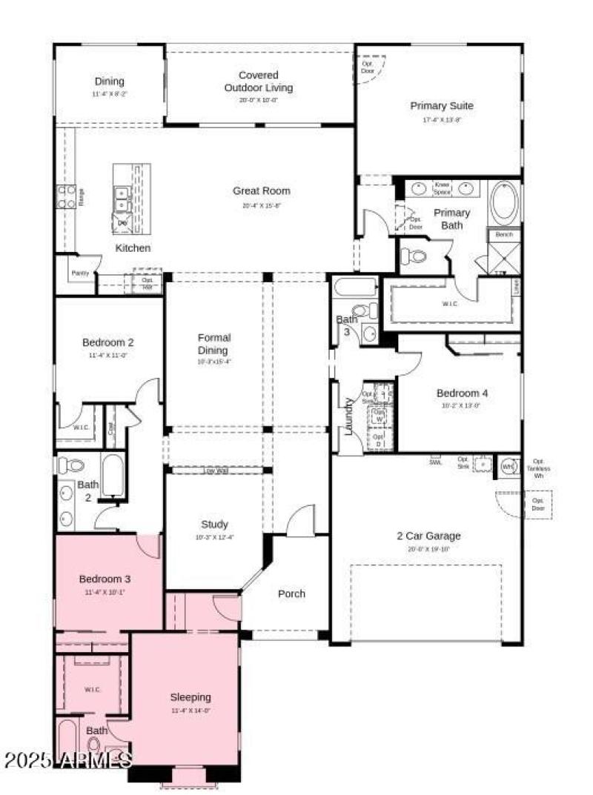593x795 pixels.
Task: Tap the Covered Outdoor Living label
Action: pos(259,82)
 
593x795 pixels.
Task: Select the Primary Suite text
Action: pos(442,106)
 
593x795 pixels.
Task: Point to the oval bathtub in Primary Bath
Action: pos(506,202)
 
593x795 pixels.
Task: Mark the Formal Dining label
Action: pos(213,345)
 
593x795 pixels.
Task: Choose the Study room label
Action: pos(214,525)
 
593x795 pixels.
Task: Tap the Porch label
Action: pos(291,593)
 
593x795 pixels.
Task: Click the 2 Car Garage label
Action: pos(428,536)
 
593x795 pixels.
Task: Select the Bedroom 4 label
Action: pos(462,393)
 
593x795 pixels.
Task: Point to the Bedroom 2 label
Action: pos(108,342)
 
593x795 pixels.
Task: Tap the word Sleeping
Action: pos(191,697)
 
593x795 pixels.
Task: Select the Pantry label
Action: pos(80,273)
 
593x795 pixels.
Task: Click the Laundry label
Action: pos(348,416)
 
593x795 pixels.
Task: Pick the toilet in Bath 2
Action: pos(71,466)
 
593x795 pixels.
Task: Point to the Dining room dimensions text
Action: pos(109,95)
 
